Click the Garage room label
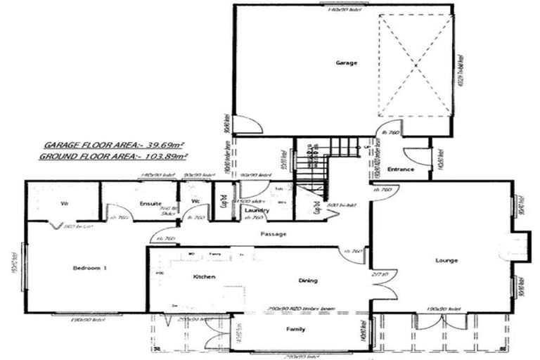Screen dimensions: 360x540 [346, 63]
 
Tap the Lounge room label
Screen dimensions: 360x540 [446, 260]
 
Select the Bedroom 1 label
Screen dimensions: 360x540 [90, 268]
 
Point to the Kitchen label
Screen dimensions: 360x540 [204, 277]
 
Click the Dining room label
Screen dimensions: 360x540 [307, 281]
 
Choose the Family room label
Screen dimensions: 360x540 [295, 328]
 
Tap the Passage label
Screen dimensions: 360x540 [273, 233]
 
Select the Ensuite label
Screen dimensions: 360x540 [150, 204]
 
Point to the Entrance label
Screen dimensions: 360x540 [401, 169]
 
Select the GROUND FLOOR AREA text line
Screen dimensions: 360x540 [114, 155]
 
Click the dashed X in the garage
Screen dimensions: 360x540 [415, 65]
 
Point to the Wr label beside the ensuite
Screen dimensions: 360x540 [64, 204]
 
